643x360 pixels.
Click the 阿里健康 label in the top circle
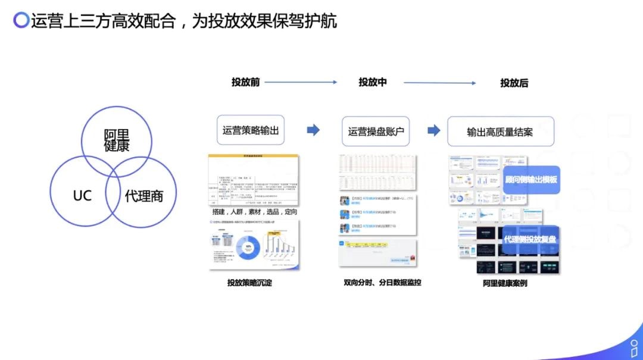click(x=117, y=140)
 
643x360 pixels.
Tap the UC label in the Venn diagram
click(x=82, y=195)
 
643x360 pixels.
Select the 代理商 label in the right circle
click(x=143, y=196)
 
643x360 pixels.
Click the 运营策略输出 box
click(x=251, y=130)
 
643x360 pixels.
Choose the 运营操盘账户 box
click(x=376, y=131)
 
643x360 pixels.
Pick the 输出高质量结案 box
click(x=500, y=132)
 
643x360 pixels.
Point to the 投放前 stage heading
click(x=245, y=82)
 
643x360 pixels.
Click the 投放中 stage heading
click(x=372, y=82)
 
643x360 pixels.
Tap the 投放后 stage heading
click(x=514, y=83)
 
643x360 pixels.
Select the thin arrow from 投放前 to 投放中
click(x=301, y=82)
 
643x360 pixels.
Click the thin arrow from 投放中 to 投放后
click(x=440, y=83)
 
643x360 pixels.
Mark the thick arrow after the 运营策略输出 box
click(x=313, y=130)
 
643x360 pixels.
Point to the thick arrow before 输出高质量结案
click(x=434, y=130)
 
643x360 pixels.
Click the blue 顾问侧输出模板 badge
click(x=531, y=179)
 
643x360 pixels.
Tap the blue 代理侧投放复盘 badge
click(x=531, y=239)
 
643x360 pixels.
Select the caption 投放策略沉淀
click(x=249, y=283)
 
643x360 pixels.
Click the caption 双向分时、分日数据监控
click(x=382, y=283)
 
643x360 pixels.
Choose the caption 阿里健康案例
click(x=505, y=283)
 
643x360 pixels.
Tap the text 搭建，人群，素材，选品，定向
click(x=255, y=212)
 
